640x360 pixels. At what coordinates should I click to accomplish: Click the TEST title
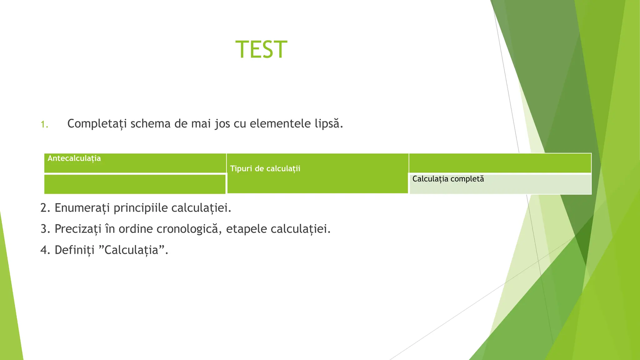pos(261,50)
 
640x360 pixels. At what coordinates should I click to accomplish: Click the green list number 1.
pos(44,125)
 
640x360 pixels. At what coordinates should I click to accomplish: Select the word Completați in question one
pos(97,124)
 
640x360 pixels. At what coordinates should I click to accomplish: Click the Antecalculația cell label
pos(74,158)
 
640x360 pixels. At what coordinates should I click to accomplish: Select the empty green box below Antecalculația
pos(135,184)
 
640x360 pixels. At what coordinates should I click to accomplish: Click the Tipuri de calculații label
pos(265,169)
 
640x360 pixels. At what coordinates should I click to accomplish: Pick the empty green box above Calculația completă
pos(500,163)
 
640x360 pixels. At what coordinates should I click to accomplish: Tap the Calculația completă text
pos(448,179)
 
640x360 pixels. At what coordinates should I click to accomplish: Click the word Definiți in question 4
pos(74,250)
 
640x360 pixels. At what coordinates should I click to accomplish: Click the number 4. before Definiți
pos(45,250)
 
